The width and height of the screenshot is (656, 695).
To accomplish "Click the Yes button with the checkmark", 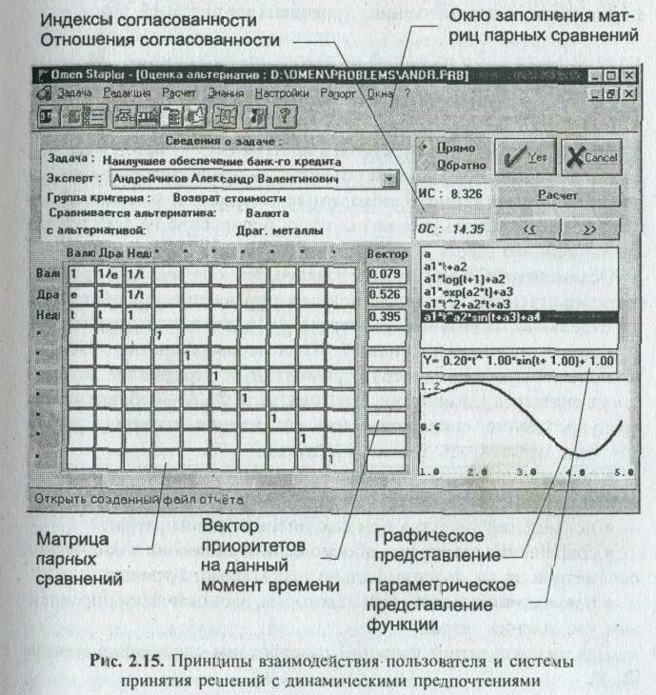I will [x=526, y=158].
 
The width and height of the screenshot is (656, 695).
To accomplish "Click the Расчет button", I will [x=559, y=194].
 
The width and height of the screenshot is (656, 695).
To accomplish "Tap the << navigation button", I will [x=528, y=229].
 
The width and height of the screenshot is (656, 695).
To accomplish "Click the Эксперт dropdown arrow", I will [x=388, y=178].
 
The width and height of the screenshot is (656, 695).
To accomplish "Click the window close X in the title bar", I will [x=628, y=74].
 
